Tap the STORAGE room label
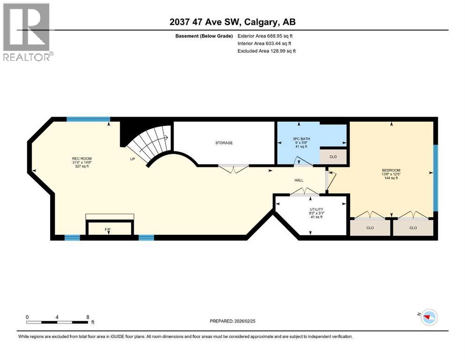coord(224,143)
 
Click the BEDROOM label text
coord(391,170)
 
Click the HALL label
coord(299,180)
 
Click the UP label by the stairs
coord(133,159)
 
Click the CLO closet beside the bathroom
coord(332,157)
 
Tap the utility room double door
coord(304,192)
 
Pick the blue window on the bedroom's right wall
coord(435,178)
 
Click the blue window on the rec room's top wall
coord(88,120)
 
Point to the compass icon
coord(428,317)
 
